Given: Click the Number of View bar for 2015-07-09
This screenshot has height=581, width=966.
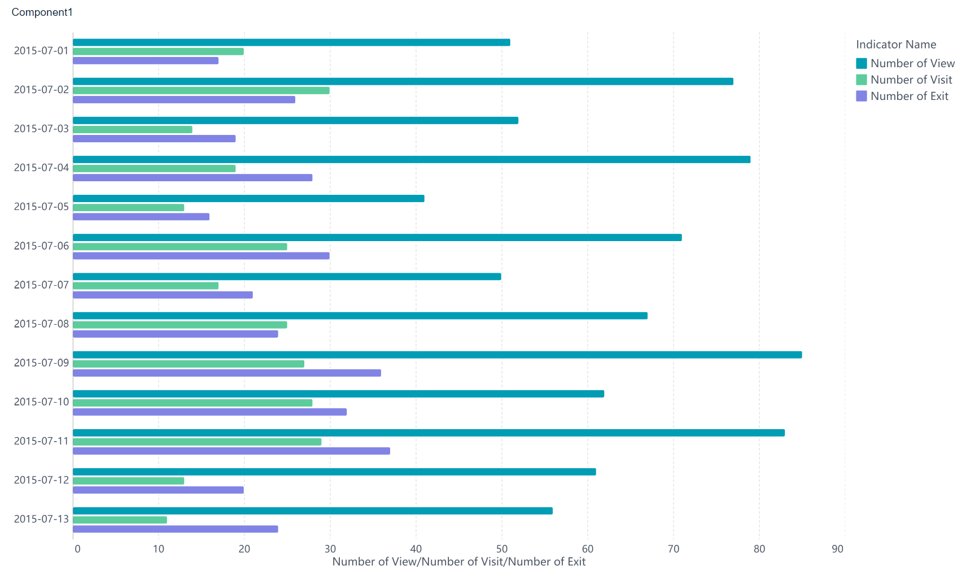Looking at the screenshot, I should (438, 355).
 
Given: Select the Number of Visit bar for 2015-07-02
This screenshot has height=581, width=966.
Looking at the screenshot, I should (201, 90).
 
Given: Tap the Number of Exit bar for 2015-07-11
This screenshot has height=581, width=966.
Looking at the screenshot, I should (231, 451).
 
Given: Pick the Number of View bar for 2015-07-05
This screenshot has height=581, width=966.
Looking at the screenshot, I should (248, 198).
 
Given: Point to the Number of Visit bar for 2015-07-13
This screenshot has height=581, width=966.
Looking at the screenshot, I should (120, 519).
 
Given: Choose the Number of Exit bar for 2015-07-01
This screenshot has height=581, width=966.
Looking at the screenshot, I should (146, 60).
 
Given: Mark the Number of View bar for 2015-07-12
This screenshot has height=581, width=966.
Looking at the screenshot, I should (334, 471).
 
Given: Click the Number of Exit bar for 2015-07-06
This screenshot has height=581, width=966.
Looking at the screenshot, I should (201, 256).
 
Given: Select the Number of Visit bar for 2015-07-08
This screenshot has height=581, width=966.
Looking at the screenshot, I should (180, 325).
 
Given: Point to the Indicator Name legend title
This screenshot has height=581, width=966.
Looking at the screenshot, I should (896, 45).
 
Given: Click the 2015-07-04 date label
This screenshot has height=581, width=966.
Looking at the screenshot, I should (41, 168).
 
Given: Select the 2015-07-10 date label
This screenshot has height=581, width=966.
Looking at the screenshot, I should (41, 401).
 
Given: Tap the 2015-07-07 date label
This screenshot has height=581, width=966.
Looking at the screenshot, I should (41, 285).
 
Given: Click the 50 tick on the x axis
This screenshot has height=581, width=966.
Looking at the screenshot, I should (501, 549).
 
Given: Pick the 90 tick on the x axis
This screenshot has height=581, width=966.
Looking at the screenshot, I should (837, 549).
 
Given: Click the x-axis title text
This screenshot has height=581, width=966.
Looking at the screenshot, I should (458, 562).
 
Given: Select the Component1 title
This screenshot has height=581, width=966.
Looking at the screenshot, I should (42, 12).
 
